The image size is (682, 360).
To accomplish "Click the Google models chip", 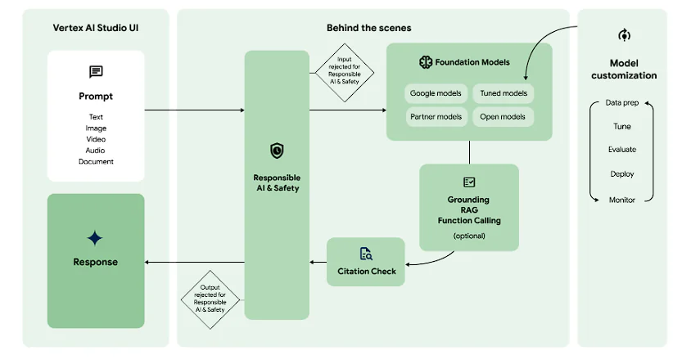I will [436, 93].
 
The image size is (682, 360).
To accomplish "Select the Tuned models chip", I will [503, 93].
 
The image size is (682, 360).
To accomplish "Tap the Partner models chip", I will [436, 117].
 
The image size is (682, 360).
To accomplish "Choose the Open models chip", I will [503, 117].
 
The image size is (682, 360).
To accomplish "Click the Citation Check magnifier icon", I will [366, 254].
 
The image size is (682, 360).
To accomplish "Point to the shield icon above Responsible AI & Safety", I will [277, 151].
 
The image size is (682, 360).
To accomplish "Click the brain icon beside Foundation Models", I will [426, 62].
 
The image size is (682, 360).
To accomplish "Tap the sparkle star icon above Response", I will [96, 238].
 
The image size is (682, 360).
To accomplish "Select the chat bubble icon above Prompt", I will [96, 72].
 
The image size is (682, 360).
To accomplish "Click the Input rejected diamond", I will [345, 73].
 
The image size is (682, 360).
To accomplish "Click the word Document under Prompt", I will [96, 161].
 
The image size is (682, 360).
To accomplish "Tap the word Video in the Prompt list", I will [96, 139].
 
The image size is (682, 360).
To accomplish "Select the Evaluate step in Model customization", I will [622, 150].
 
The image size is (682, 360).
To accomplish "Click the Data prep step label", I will [622, 103].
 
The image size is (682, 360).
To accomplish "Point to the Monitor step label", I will [622, 200].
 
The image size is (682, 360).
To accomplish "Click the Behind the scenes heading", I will [368, 28].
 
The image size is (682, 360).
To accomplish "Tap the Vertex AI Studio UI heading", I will [96, 28].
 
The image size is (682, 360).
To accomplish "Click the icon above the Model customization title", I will [623, 36].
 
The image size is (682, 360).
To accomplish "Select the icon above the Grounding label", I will [468, 182].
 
